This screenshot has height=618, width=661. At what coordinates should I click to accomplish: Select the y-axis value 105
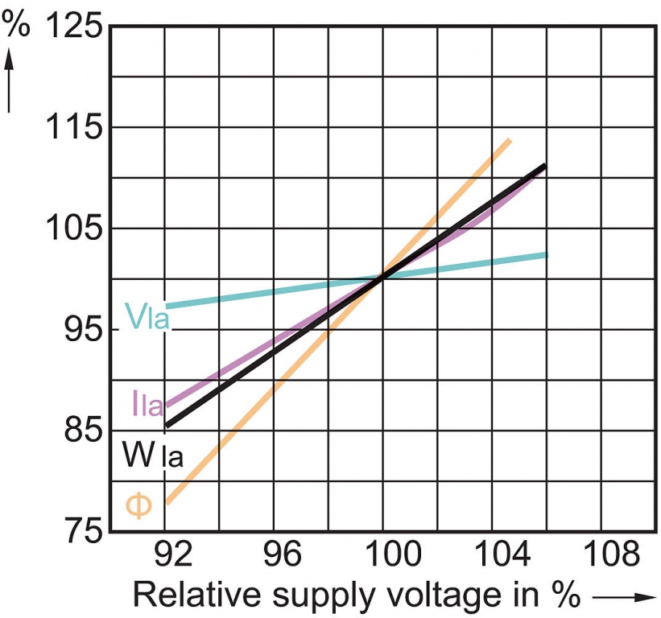tap(72, 229)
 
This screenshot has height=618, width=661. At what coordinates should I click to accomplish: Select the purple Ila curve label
tap(146, 403)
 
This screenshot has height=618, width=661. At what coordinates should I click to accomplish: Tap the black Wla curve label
tap(153, 455)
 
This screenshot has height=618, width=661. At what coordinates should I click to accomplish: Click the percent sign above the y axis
tap(16, 26)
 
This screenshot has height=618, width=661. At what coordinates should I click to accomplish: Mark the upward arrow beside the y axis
tap(11, 80)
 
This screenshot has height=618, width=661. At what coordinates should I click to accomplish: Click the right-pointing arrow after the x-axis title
tap(624, 597)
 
